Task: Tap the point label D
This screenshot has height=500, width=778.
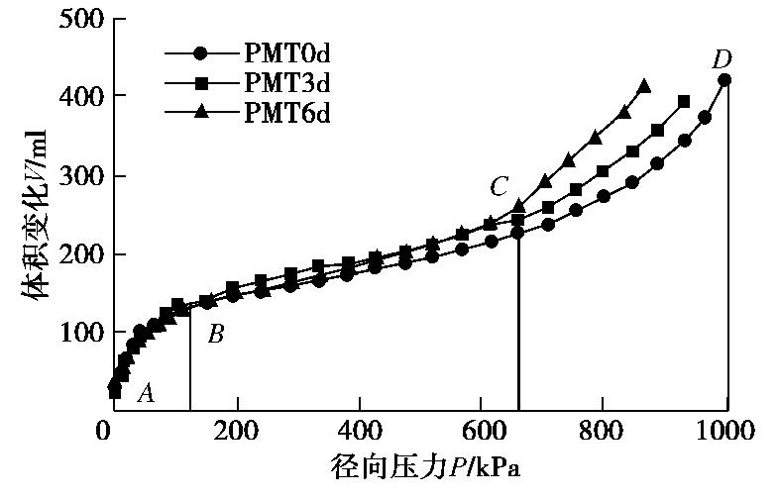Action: (721, 60)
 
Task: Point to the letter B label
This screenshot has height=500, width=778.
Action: (215, 335)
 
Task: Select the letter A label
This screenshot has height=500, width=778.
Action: (146, 394)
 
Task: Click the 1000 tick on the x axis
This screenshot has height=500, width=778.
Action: (726, 431)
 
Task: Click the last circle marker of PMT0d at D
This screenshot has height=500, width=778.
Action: (724, 80)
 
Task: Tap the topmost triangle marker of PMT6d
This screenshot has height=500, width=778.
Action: (644, 86)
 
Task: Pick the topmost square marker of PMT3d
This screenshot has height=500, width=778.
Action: (684, 102)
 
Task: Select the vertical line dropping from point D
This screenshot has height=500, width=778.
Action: (727, 248)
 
